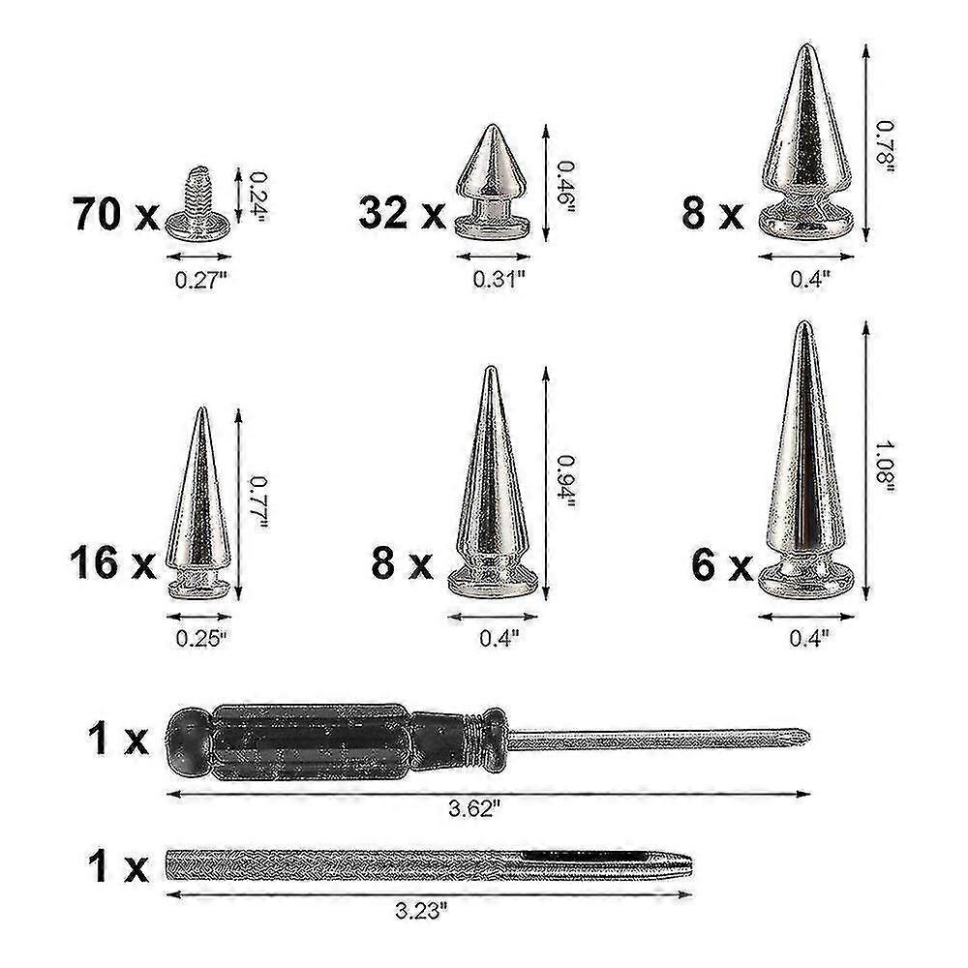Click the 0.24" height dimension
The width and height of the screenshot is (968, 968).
coord(257,193)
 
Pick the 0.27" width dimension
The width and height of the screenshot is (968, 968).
coord(199,282)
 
